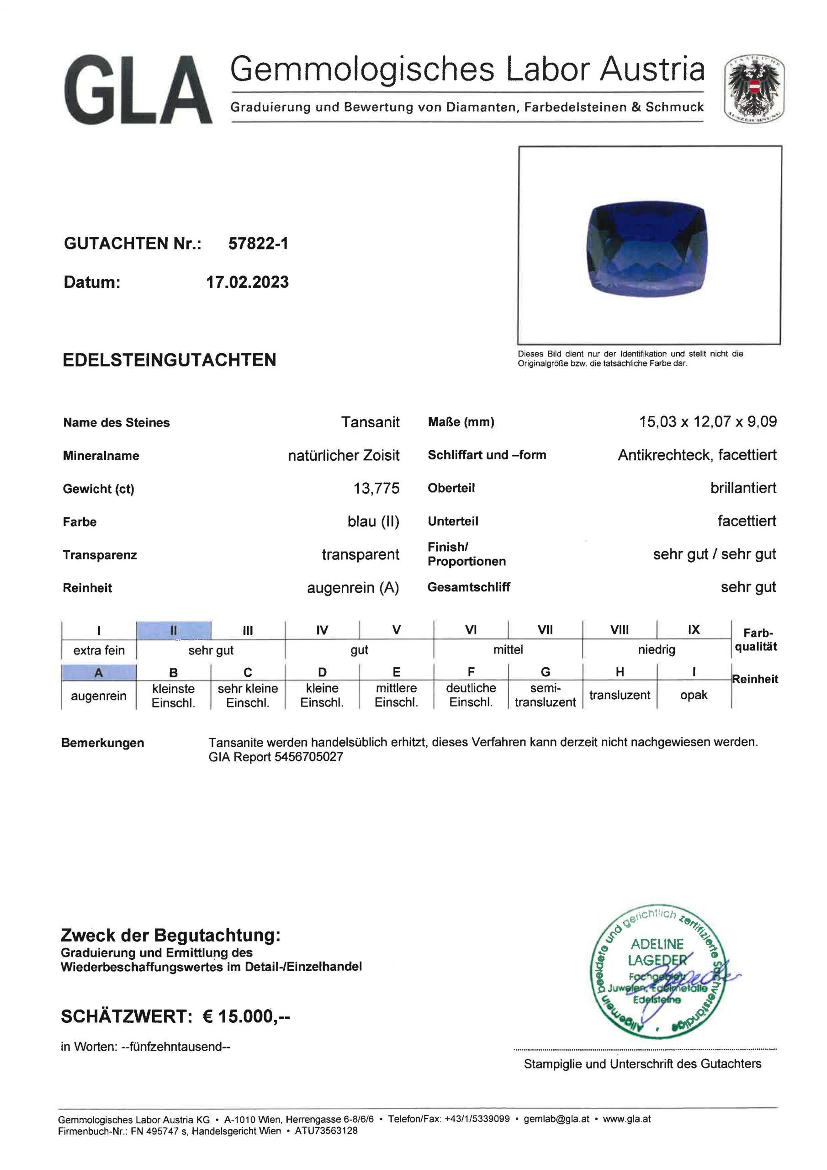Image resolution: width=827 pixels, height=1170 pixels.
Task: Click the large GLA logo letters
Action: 138,90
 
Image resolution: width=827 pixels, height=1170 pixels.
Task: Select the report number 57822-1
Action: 258,244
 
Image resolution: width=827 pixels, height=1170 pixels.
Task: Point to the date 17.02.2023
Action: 247,282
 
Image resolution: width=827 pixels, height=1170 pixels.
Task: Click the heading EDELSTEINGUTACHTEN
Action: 169,360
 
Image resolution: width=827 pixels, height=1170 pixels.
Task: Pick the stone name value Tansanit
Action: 370,422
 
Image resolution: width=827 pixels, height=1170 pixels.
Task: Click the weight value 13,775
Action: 376,488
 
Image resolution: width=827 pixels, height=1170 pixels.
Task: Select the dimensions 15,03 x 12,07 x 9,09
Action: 708,421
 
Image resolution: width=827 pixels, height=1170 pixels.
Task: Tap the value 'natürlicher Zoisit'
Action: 344,455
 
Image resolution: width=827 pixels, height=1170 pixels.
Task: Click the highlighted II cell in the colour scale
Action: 173,630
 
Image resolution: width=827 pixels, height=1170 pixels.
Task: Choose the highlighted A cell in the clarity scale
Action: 98,673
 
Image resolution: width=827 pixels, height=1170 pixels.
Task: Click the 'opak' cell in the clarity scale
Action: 694,695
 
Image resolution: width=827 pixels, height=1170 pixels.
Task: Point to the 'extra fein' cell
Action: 99,650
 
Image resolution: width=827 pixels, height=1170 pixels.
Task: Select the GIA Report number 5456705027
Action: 308,757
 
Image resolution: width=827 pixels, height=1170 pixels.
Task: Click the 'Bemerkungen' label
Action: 102,743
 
